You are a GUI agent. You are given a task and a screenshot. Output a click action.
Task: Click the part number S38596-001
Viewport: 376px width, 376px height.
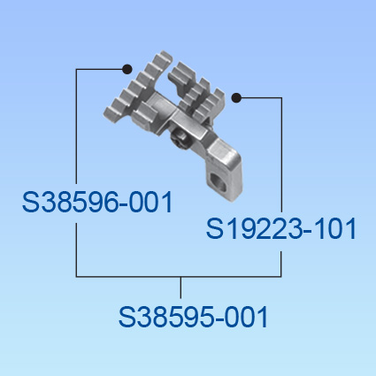coord(97,202)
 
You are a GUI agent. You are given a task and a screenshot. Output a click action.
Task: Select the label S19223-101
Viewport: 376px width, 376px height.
coord(281,228)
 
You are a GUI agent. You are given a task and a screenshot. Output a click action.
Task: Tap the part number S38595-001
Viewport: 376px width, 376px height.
coord(193,317)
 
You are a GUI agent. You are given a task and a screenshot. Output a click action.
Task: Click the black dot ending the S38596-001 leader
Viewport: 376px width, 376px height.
coord(127,69)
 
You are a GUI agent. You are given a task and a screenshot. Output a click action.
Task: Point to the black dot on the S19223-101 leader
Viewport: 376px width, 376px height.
coord(236,97)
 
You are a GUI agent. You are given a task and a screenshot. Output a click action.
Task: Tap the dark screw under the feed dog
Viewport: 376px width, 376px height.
coord(178,139)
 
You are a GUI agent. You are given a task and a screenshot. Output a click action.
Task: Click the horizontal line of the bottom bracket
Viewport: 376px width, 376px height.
coord(179,277)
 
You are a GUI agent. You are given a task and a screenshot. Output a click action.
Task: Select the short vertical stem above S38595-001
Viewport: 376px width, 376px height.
coord(180,288)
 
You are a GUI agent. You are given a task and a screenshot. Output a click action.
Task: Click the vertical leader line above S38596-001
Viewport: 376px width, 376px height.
coord(76,127)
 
